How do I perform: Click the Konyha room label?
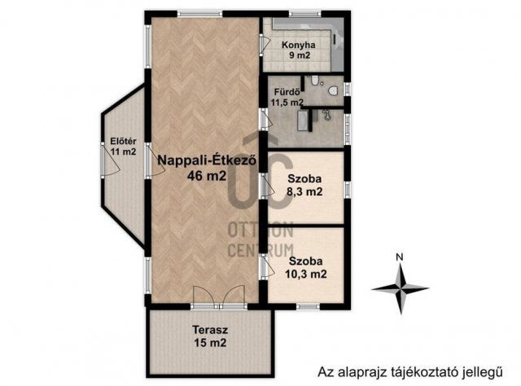pos(299,45)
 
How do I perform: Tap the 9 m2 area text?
pos(300,55)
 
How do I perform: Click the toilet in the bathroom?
pos(333,90)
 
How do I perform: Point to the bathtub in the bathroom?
pos(302,121)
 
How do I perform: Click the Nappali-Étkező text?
pos(208,160)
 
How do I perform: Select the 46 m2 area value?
pos(207,175)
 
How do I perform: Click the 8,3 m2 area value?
pos(304,192)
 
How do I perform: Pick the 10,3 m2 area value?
pos(306,274)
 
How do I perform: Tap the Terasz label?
pos(210,330)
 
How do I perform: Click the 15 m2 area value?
pos(210,343)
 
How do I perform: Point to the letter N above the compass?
pos(400,257)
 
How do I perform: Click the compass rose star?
pos(401,289)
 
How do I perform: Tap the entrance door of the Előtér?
pos(111,160)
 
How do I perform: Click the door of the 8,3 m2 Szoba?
pos(267,186)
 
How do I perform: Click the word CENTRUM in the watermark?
pos(260,250)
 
